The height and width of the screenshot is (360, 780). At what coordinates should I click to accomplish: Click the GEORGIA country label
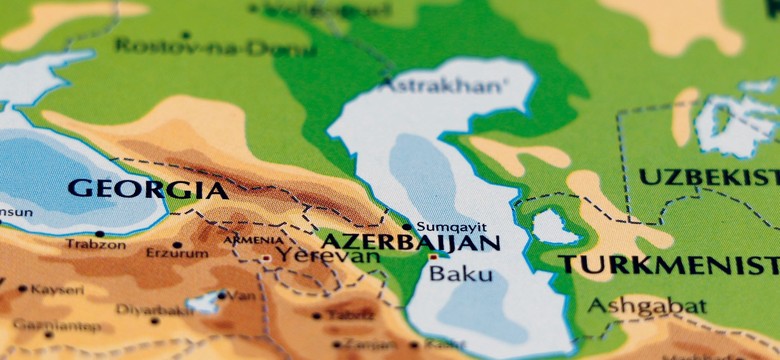coord(146,189)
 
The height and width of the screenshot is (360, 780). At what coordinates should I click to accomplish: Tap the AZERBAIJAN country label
coord(409,243)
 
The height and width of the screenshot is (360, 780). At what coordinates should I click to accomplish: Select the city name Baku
coord(460,272)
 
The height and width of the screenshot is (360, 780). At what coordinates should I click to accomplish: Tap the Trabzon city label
coord(96,244)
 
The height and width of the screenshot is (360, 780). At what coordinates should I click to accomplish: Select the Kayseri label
coord(57,290)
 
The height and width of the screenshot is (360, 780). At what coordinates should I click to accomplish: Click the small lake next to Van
coord(207,301)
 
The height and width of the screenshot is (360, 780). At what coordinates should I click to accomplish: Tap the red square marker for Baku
coord(433,258)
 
